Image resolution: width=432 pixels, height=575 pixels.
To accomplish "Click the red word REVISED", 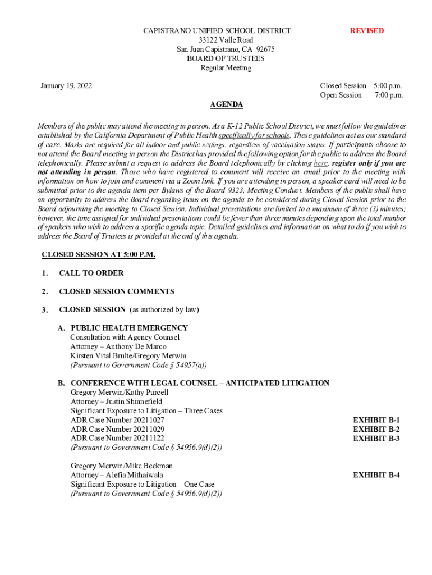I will click(367, 31).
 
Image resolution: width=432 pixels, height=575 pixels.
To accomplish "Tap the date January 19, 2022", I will click(66, 86).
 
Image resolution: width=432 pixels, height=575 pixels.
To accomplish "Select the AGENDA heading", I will click(226, 105).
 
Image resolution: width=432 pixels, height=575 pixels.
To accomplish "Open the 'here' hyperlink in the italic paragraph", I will click(321, 163).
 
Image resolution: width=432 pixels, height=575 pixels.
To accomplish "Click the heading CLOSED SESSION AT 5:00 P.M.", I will click(99, 255).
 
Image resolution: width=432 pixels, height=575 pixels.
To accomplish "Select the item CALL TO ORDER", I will click(91, 273).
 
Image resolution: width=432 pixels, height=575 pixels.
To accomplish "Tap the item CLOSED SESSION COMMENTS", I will click(117, 292).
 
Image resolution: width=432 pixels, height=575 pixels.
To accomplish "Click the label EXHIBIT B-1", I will click(376, 420).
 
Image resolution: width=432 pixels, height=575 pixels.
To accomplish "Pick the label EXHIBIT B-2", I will click(376, 430).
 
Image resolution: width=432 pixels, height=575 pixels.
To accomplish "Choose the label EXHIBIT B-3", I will click(376, 439).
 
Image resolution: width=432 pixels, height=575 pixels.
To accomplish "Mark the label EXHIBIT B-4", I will click(376, 475).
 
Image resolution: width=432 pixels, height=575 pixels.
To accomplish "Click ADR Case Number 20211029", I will click(118, 430).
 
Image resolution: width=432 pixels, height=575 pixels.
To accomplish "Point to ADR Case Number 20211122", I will click(118, 439).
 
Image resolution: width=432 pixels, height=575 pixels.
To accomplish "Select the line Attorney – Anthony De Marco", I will click(118, 347).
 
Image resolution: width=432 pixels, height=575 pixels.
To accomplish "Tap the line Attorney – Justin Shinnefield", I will click(117, 402).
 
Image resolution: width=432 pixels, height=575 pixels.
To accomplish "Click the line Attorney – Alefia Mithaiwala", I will click(117, 475).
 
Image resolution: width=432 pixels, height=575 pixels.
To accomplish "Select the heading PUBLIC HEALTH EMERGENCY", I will click(130, 328).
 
